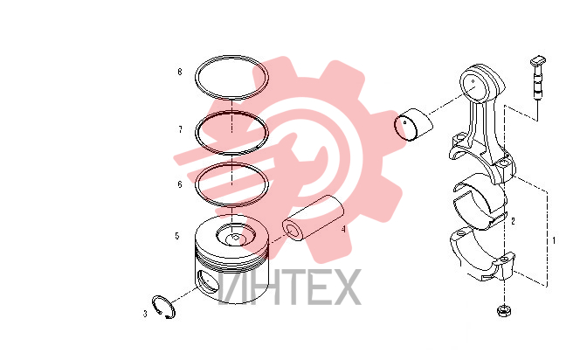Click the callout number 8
180,72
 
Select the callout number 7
180,129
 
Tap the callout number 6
180,184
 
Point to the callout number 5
177,236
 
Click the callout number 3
145,314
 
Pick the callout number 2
513,221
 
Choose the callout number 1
554,240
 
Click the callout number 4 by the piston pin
343,230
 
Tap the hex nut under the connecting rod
504,311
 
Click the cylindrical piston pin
313,217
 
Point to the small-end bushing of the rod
413,124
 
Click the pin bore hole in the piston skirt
205,280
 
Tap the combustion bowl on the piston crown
236,236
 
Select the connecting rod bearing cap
482,256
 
